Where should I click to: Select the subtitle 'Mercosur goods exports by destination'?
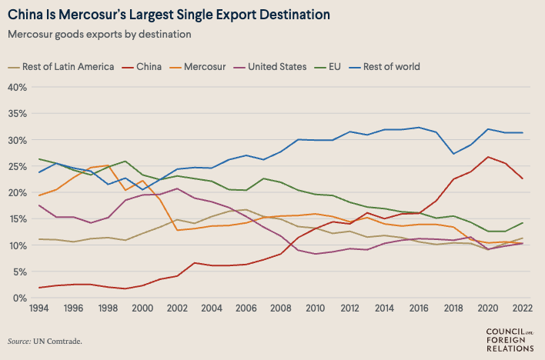tap(99, 34)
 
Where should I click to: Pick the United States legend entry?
tap(276, 66)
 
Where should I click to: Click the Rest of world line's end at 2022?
tap(523, 132)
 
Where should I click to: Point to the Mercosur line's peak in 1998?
tap(109, 165)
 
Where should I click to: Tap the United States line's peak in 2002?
tap(177, 188)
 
